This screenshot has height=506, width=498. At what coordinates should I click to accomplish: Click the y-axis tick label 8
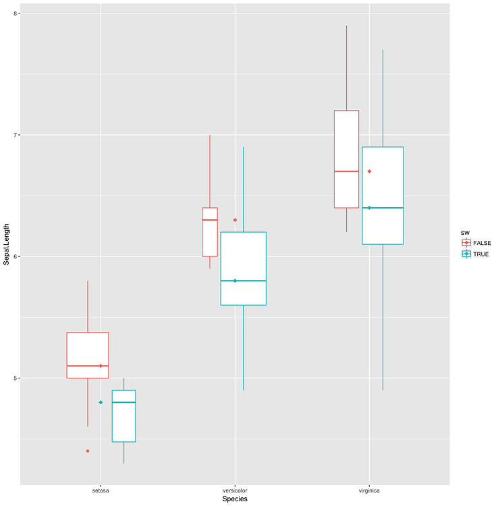point(17,13)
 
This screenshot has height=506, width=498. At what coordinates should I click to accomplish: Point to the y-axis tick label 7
point(17,135)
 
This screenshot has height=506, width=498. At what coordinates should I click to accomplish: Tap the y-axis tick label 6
point(17,256)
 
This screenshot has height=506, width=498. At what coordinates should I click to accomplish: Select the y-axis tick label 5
point(17,378)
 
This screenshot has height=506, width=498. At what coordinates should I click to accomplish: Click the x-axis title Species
point(234,499)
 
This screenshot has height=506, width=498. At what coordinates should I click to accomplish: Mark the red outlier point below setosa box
point(88,451)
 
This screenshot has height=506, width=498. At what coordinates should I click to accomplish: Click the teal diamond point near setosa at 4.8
point(101,402)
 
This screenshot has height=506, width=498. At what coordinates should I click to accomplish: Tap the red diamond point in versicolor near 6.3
point(235,220)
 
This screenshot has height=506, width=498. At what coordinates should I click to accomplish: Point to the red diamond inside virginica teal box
point(369,171)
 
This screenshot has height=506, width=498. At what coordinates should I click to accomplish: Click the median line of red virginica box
point(346,171)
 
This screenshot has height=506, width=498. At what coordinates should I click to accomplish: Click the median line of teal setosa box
point(123,402)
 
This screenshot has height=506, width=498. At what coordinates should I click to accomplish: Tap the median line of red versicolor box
point(210,220)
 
